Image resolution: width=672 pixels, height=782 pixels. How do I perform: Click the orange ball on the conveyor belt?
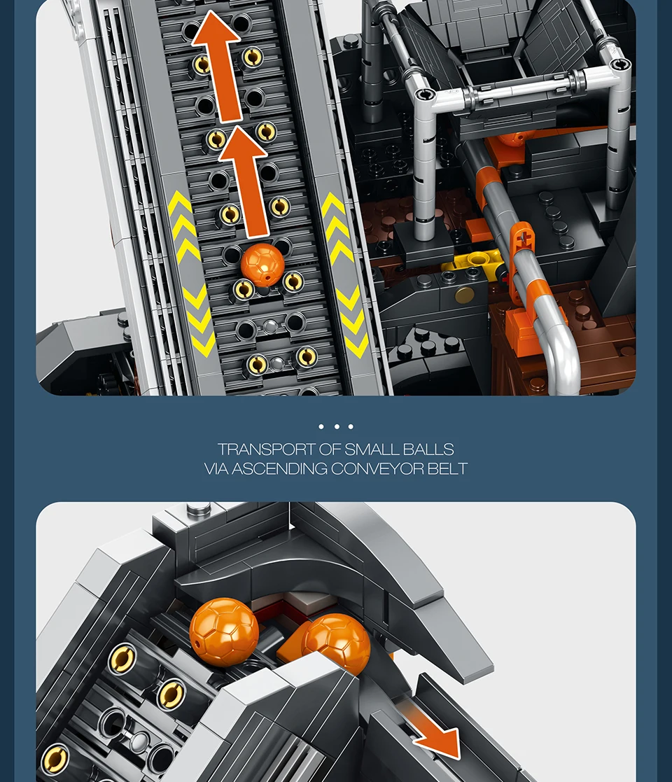click(x=262, y=265)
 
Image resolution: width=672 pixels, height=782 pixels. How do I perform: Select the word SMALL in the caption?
click(x=372, y=449)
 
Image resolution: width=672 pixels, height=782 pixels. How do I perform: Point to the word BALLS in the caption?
click(x=428, y=449)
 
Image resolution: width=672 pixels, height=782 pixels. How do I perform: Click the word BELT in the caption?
click(x=448, y=469)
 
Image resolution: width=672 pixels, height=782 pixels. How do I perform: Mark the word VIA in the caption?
click(x=216, y=469)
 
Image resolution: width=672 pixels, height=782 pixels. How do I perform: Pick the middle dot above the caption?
click(x=337, y=426)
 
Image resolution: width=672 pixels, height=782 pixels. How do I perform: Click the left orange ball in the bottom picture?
click(x=224, y=632)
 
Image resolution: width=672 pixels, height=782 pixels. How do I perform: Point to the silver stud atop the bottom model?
click(x=198, y=509)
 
